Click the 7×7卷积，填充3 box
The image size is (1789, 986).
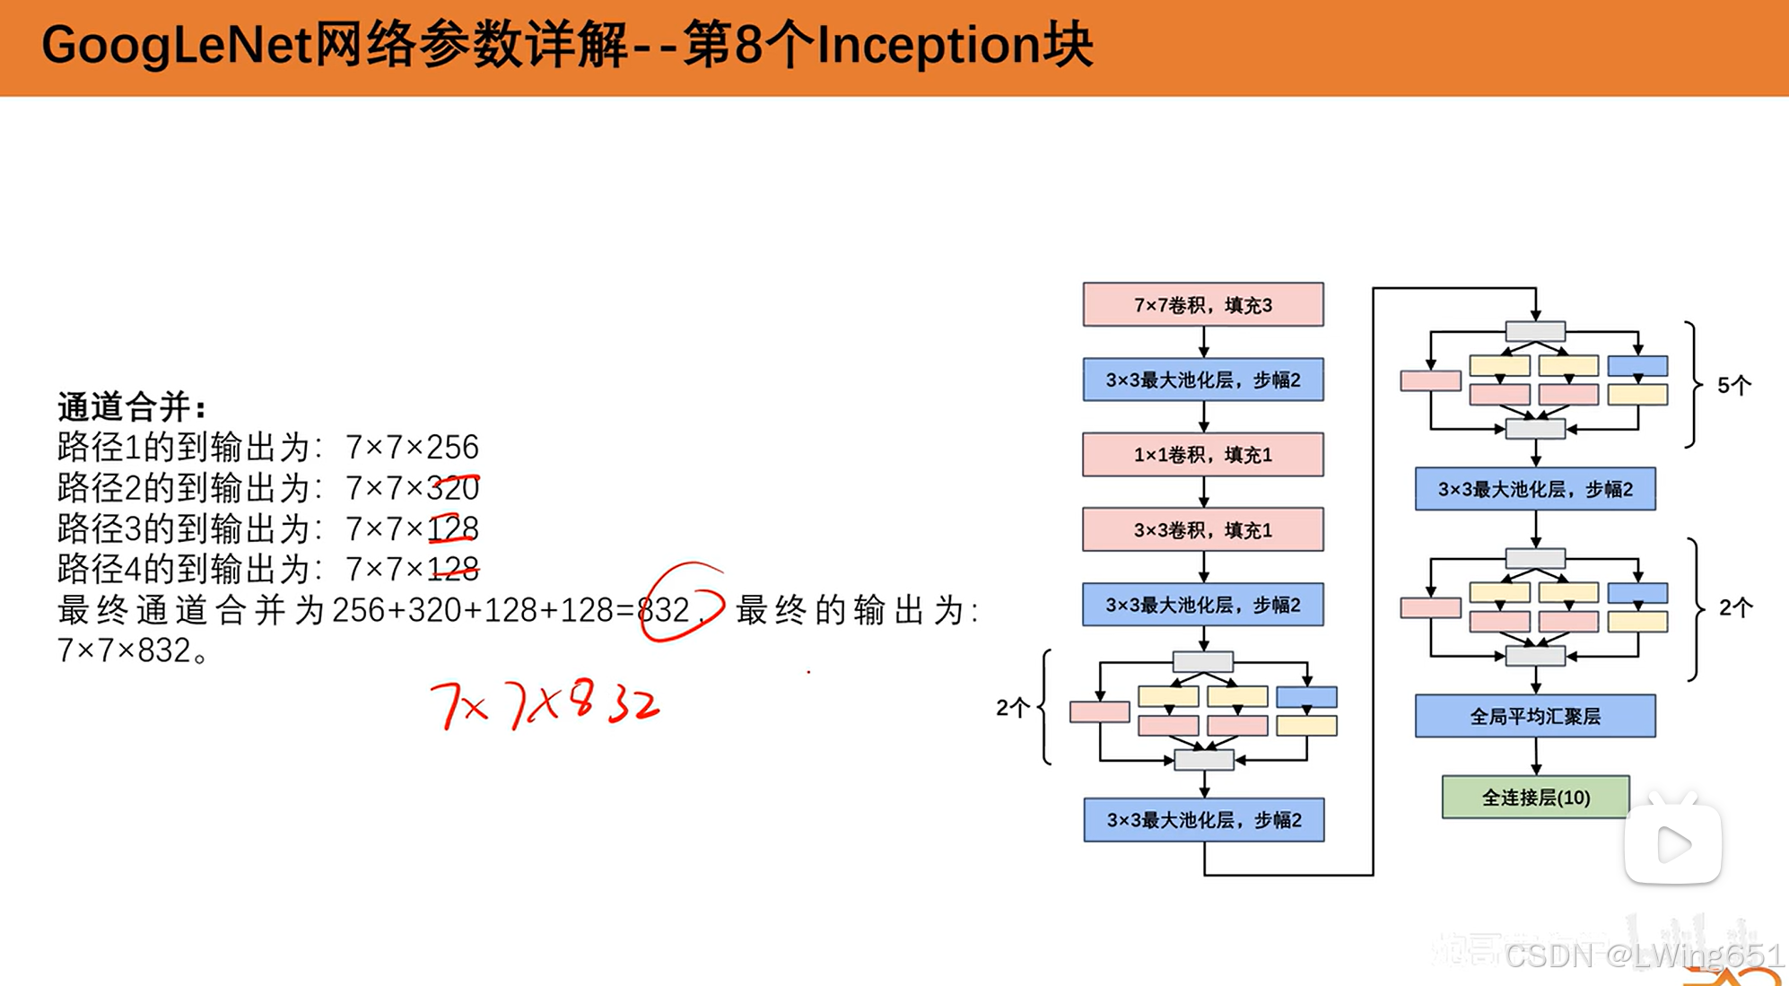[x=1202, y=305]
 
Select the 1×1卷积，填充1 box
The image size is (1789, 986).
[x=1202, y=455]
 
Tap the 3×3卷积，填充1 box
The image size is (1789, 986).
[x=1202, y=530]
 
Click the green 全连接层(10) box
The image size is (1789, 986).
[x=1535, y=798]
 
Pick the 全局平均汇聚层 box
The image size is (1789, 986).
[x=1535, y=716]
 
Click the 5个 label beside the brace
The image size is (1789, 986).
[x=1733, y=386]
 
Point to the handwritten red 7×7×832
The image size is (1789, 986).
[x=545, y=704]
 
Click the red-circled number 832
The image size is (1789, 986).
[x=664, y=610]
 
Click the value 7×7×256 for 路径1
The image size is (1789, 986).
[x=413, y=447]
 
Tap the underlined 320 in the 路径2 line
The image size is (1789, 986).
[x=453, y=488]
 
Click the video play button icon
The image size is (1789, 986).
[x=1672, y=844]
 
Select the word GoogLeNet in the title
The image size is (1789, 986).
[x=177, y=45]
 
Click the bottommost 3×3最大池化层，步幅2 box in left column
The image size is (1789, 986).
[x=1203, y=820]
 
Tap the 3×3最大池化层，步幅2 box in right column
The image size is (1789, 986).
[x=1535, y=489]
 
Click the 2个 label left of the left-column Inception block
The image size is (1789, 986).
[x=1012, y=708]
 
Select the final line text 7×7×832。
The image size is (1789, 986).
[x=133, y=650]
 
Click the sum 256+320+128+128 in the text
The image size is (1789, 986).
[x=473, y=610]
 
